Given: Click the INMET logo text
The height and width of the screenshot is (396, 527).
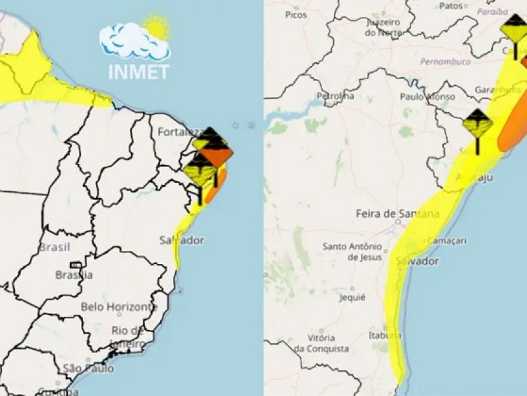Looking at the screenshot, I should point(139,71).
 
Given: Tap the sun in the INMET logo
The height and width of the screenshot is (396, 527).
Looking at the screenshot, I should point(157,28).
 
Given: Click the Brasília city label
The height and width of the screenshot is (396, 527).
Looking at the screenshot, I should point(74,275).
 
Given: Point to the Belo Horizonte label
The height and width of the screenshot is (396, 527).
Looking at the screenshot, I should point(119,307).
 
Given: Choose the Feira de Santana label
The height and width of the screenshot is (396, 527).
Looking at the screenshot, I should point(397,213).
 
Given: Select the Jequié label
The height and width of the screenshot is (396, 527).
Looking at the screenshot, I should point(353,297).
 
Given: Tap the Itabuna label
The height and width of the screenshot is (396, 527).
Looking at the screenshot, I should point(385,335).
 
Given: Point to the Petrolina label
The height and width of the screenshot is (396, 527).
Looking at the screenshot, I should point(335,96).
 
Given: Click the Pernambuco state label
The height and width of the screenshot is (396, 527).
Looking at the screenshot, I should point(445,61).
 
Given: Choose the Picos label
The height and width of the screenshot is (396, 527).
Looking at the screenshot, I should point(296,14).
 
